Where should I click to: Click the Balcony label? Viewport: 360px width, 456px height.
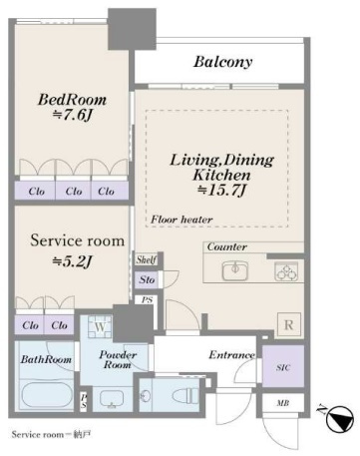click(x=222, y=62)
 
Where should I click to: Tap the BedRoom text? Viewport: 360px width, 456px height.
click(x=72, y=100)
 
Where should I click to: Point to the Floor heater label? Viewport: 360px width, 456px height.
click(x=181, y=220)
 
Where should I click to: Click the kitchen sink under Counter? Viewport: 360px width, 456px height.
click(x=235, y=269)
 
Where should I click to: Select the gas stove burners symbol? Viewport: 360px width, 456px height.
click(x=286, y=271)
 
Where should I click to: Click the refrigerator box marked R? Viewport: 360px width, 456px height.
click(x=289, y=325)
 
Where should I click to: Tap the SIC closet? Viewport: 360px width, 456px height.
click(x=283, y=366)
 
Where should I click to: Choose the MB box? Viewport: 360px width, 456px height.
click(x=283, y=403)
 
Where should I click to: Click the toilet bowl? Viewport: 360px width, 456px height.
click(x=185, y=396)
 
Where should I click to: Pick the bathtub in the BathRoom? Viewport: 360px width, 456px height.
click(x=45, y=395)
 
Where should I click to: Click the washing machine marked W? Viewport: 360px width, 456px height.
click(x=100, y=326)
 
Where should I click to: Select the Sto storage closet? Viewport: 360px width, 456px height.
click(x=147, y=279)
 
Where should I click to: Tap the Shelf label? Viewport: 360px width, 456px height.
click(x=147, y=259)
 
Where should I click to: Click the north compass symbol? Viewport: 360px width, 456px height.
click(x=339, y=418)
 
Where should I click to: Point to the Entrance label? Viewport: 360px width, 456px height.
click(x=231, y=355)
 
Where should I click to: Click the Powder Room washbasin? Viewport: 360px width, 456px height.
click(x=112, y=399)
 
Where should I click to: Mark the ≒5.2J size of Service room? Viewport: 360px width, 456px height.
click(x=72, y=262)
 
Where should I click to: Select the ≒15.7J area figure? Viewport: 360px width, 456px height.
click(x=221, y=191)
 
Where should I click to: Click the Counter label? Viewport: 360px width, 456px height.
click(x=227, y=246)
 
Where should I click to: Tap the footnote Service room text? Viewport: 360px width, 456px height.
click(x=37, y=434)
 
